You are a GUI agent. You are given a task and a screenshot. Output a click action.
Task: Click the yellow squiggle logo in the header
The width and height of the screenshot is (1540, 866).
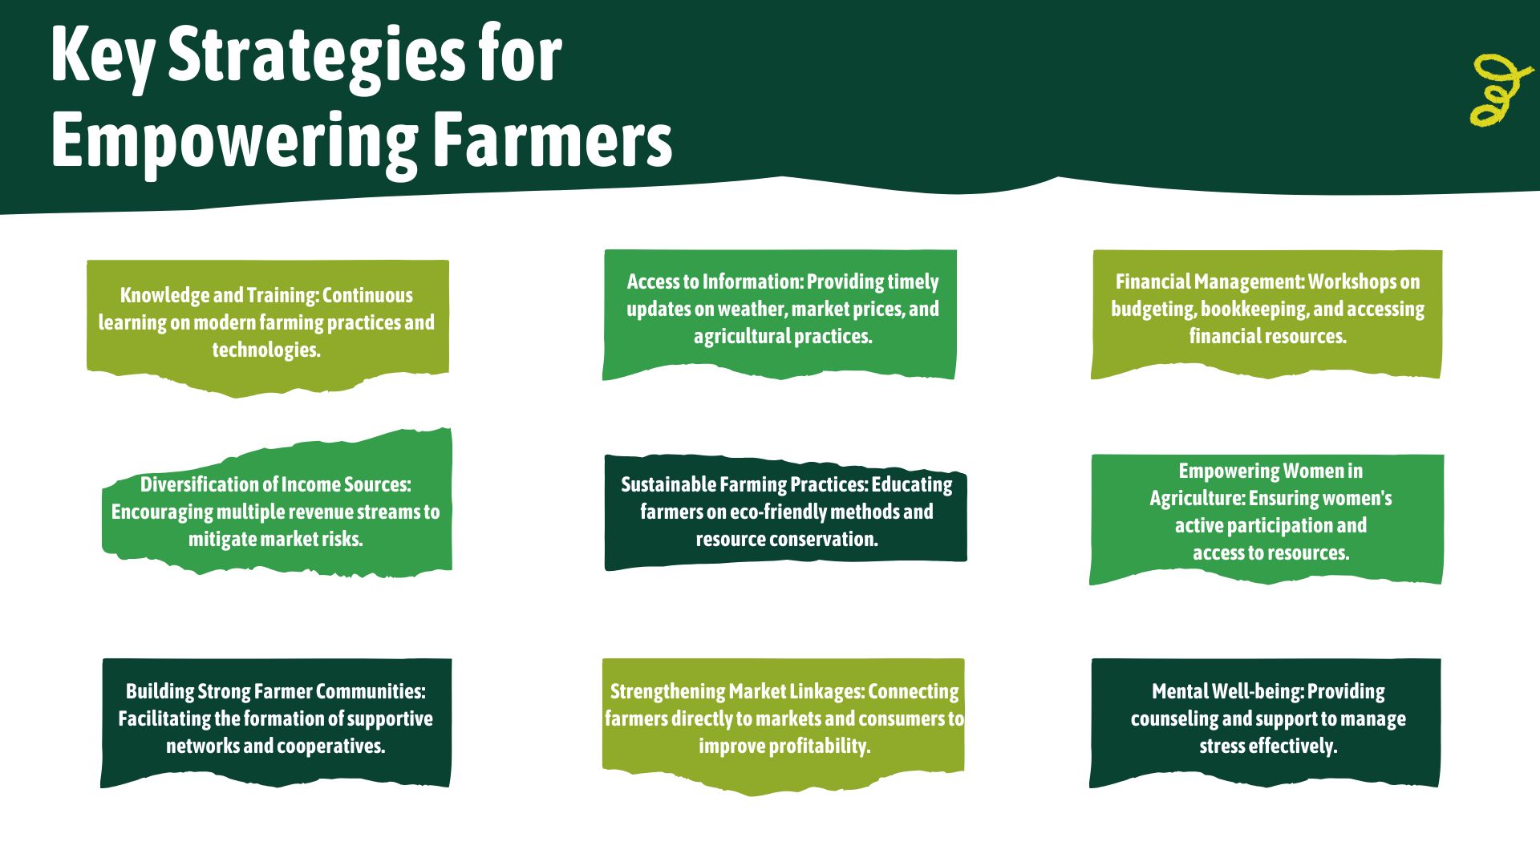pyautogui.click(x=1500, y=90)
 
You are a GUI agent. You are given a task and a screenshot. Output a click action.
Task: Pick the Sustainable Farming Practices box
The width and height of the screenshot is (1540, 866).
pyautogui.click(x=785, y=512)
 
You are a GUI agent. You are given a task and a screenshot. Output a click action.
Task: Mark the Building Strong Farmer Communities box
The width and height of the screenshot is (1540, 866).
pyautogui.click(x=276, y=719)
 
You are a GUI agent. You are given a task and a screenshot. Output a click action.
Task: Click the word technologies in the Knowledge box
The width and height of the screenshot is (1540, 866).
pyautogui.click(x=265, y=350)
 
